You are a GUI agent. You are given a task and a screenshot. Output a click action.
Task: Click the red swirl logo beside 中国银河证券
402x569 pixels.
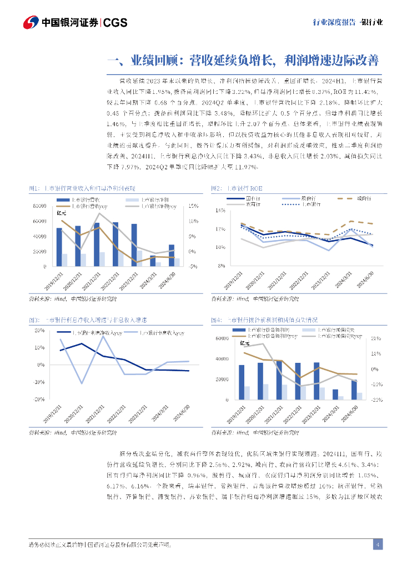click(x=31, y=22)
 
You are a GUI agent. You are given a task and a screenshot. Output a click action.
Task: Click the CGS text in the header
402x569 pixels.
click(x=115, y=22)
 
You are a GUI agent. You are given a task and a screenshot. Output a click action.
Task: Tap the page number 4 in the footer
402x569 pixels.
click(x=377, y=544)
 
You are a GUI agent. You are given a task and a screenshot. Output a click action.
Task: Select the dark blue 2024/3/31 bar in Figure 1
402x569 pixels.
click(x=153, y=261)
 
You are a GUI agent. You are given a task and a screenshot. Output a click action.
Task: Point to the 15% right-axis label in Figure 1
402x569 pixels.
click(x=193, y=206)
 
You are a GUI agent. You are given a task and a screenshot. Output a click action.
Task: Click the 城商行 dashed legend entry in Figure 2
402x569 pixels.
click(x=358, y=198)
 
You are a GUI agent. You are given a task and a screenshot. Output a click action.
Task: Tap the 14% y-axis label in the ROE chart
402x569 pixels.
click(x=220, y=211)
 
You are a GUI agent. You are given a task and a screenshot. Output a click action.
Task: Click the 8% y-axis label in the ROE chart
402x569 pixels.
click(x=222, y=266)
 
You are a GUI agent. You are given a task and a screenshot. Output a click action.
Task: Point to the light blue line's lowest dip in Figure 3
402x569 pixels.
click(x=82, y=383)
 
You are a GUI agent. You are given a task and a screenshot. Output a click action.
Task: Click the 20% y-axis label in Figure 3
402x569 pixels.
click(x=39, y=331)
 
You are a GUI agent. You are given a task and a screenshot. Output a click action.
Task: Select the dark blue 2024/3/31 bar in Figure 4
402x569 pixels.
click(x=335, y=394)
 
